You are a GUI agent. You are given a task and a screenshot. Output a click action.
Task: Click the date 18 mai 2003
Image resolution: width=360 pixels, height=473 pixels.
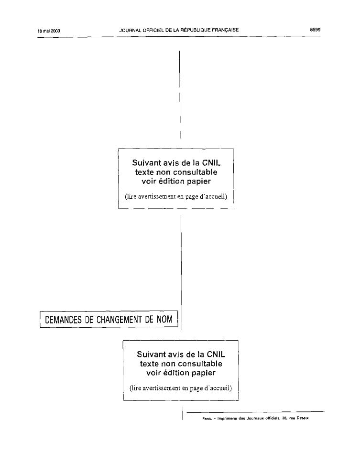pyautogui.click(x=49, y=31)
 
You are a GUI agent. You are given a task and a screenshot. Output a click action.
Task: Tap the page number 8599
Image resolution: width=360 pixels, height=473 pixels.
pyautogui.click(x=315, y=30)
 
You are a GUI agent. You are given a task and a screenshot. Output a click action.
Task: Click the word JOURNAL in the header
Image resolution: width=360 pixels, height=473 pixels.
pyautogui.click(x=131, y=30)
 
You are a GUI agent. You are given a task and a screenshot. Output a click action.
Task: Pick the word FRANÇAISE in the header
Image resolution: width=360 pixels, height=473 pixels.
pyautogui.click(x=225, y=30)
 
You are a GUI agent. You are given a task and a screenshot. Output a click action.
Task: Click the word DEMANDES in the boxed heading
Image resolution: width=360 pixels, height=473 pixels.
pyautogui.click(x=64, y=320)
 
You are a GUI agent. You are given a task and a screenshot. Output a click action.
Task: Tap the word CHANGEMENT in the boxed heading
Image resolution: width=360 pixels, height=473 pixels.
pyautogui.click(x=119, y=320)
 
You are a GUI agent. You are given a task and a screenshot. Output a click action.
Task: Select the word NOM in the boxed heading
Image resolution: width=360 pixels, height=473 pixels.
pyautogui.click(x=164, y=319)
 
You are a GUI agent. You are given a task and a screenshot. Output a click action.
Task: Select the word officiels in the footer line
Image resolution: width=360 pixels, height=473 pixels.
pyautogui.click(x=273, y=418)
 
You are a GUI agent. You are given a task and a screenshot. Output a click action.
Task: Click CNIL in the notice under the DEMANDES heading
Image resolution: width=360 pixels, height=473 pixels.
pyautogui.click(x=214, y=355)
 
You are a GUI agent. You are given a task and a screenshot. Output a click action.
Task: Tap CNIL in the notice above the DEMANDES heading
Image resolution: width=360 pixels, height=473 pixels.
pyautogui.click(x=211, y=163)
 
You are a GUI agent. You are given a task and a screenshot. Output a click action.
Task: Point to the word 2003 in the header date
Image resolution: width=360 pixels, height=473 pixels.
pyautogui.click(x=55, y=31)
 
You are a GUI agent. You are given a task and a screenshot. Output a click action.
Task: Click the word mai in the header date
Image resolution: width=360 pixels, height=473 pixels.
pyautogui.click(x=46, y=31)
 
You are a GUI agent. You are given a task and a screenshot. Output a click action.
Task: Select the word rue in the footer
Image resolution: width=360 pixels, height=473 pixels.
pyautogui.click(x=292, y=419)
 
